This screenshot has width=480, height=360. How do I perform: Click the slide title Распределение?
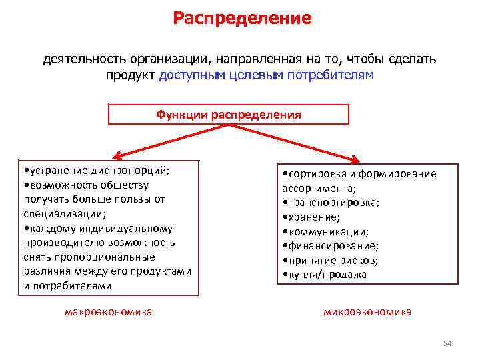tap(242, 18)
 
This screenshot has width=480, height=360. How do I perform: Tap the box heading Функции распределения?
tap(229, 115)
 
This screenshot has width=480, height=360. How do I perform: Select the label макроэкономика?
tap(109, 311)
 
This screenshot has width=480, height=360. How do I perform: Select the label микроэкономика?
tap(367, 311)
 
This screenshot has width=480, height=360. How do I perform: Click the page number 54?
tap(447, 343)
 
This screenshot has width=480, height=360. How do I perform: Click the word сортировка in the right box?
tap(315, 173)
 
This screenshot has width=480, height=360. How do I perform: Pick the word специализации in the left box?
tap(64, 214)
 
